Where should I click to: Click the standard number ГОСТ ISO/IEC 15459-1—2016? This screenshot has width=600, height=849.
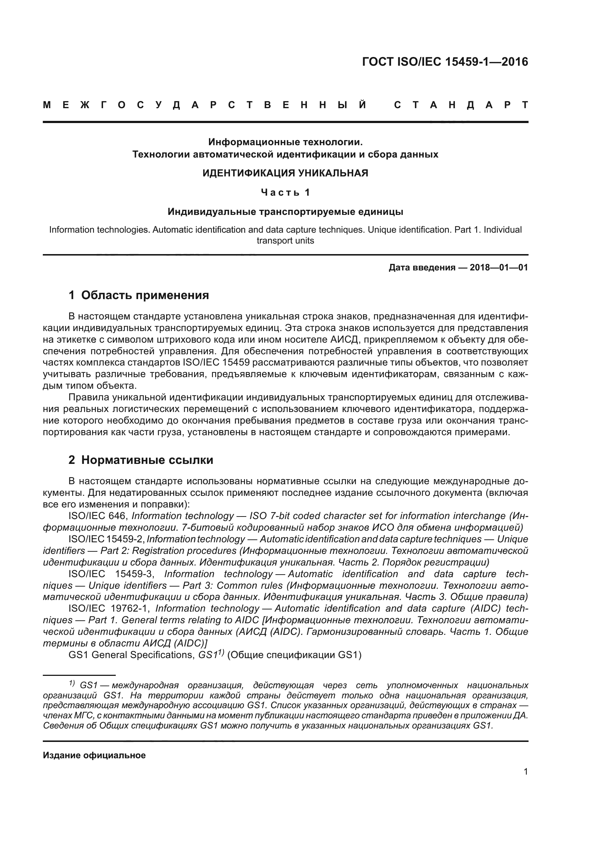(x=445, y=62)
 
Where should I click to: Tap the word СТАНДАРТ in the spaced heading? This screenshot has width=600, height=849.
(x=461, y=105)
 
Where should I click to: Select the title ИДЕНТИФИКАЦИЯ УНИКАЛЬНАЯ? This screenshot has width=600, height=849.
(x=285, y=173)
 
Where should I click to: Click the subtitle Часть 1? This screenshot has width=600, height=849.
(x=285, y=192)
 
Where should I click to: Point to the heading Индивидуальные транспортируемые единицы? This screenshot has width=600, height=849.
(x=285, y=212)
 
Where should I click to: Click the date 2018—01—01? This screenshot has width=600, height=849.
(x=499, y=268)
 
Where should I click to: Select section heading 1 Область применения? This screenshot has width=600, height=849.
(x=139, y=295)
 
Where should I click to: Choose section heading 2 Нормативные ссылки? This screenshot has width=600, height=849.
(x=141, y=460)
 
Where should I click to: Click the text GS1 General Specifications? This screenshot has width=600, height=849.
(x=131, y=655)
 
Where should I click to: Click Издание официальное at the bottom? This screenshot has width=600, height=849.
(x=94, y=755)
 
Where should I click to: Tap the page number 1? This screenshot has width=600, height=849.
(x=526, y=771)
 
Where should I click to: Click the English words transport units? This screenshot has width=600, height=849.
(x=285, y=241)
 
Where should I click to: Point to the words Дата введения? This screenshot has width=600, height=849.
(x=422, y=268)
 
